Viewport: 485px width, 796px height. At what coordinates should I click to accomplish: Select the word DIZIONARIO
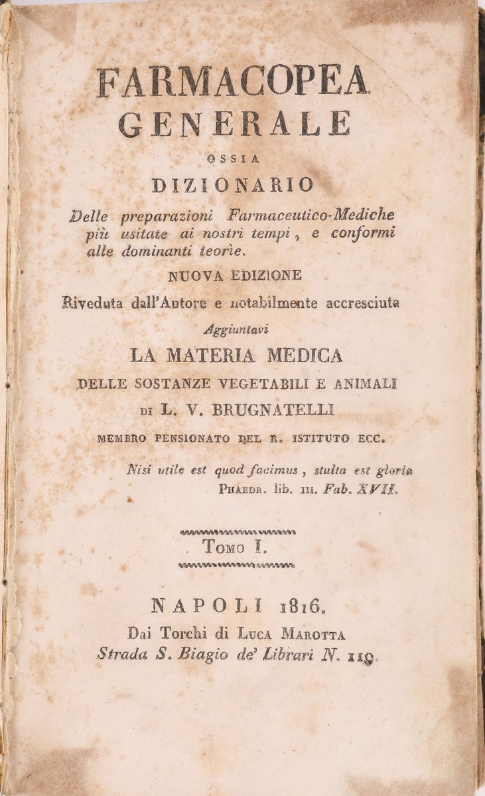[x=233, y=185]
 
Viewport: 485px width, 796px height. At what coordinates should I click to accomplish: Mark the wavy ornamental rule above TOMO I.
[x=237, y=531]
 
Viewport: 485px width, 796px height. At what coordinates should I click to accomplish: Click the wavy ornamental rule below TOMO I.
[x=237, y=565]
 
